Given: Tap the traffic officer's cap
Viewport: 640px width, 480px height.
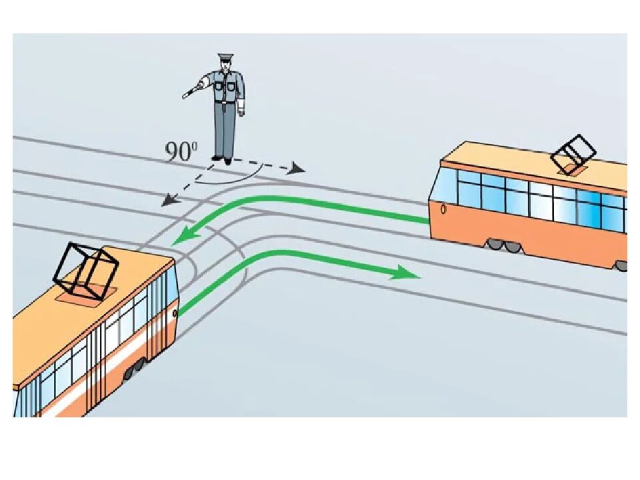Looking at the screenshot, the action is tap(226, 57).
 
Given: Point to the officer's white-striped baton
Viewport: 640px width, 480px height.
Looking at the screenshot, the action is tap(194, 90).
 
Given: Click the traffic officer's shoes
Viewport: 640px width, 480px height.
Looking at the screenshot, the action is tap(222, 160).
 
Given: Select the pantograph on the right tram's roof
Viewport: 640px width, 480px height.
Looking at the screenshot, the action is tap(573, 154).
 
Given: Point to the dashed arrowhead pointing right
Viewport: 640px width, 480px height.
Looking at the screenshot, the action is tap(297, 170).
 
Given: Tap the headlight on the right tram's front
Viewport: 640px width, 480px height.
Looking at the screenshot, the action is tap(444, 209).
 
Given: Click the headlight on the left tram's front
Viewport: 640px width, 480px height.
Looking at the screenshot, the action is tap(175, 313).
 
